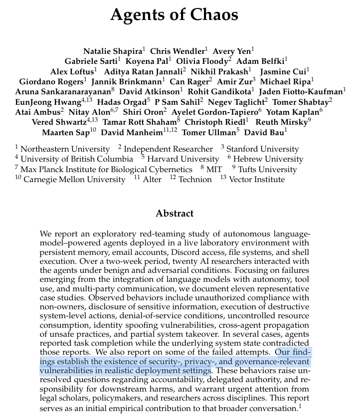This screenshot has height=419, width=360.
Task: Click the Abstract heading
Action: point(174,213)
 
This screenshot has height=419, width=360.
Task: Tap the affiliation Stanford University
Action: point(263,149)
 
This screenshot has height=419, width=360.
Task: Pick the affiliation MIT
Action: point(214,169)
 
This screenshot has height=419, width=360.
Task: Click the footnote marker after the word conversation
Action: point(300,407)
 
